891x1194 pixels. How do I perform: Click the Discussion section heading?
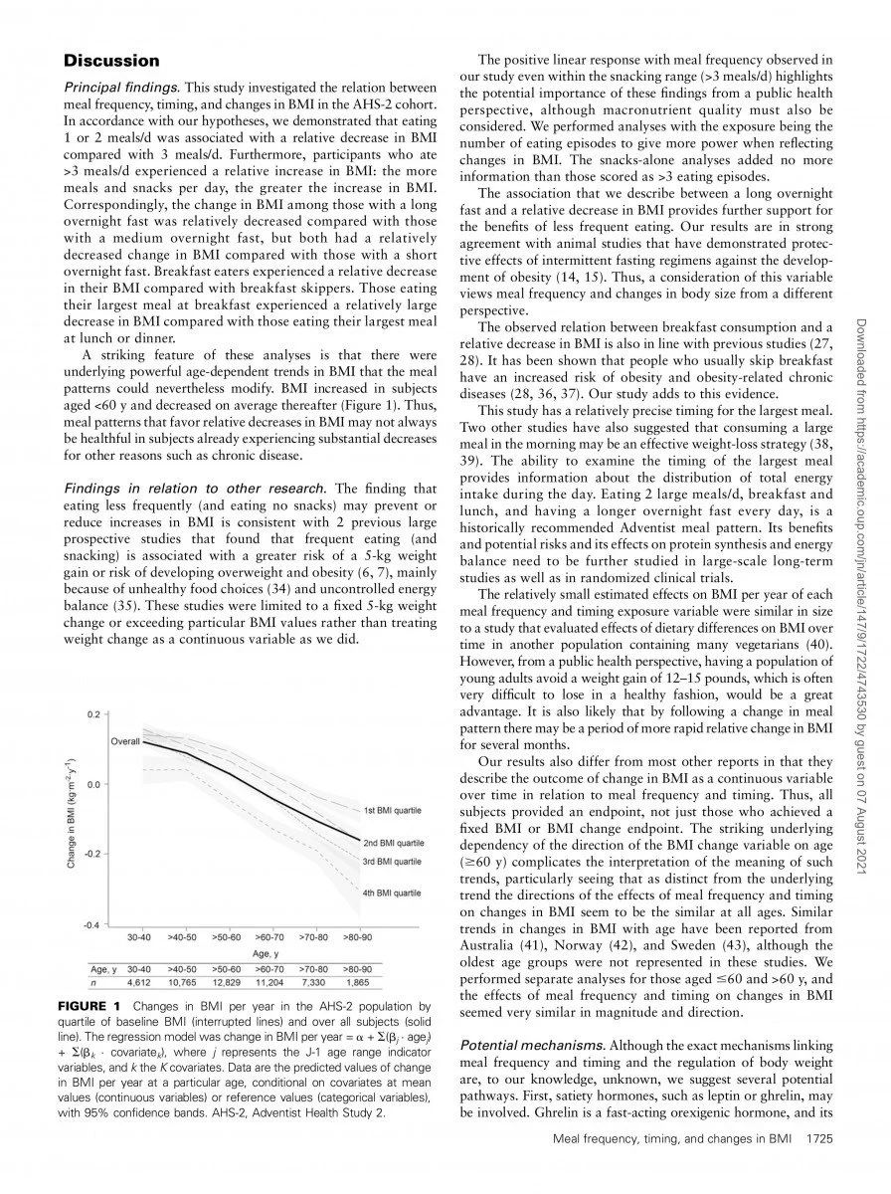tap(110, 61)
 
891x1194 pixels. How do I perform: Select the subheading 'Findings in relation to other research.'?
tap(196, 489)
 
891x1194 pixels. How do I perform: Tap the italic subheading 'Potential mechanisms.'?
tap(532, 1045)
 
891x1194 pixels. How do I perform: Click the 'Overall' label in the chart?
tap(125, 741)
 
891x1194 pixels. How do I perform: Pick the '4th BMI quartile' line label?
tap(392, 893)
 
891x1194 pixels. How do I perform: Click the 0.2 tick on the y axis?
tap(93, 714)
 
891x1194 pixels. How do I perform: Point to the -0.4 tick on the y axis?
tap(91, 925)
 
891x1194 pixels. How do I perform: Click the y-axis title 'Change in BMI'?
tap(73, 819)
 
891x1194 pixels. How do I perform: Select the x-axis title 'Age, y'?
tap(267, 954)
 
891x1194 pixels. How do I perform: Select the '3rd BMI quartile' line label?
tap(392, 861)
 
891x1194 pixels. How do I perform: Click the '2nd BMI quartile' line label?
tap(392, 842)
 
